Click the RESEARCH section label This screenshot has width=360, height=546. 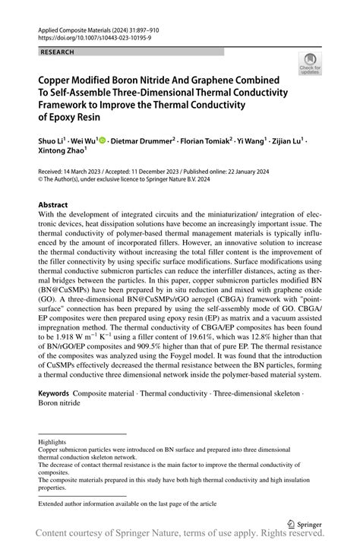[58, 52]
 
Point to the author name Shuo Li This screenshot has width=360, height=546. [52, 140]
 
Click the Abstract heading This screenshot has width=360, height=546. [52, 205]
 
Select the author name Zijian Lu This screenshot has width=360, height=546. [287, 140]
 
